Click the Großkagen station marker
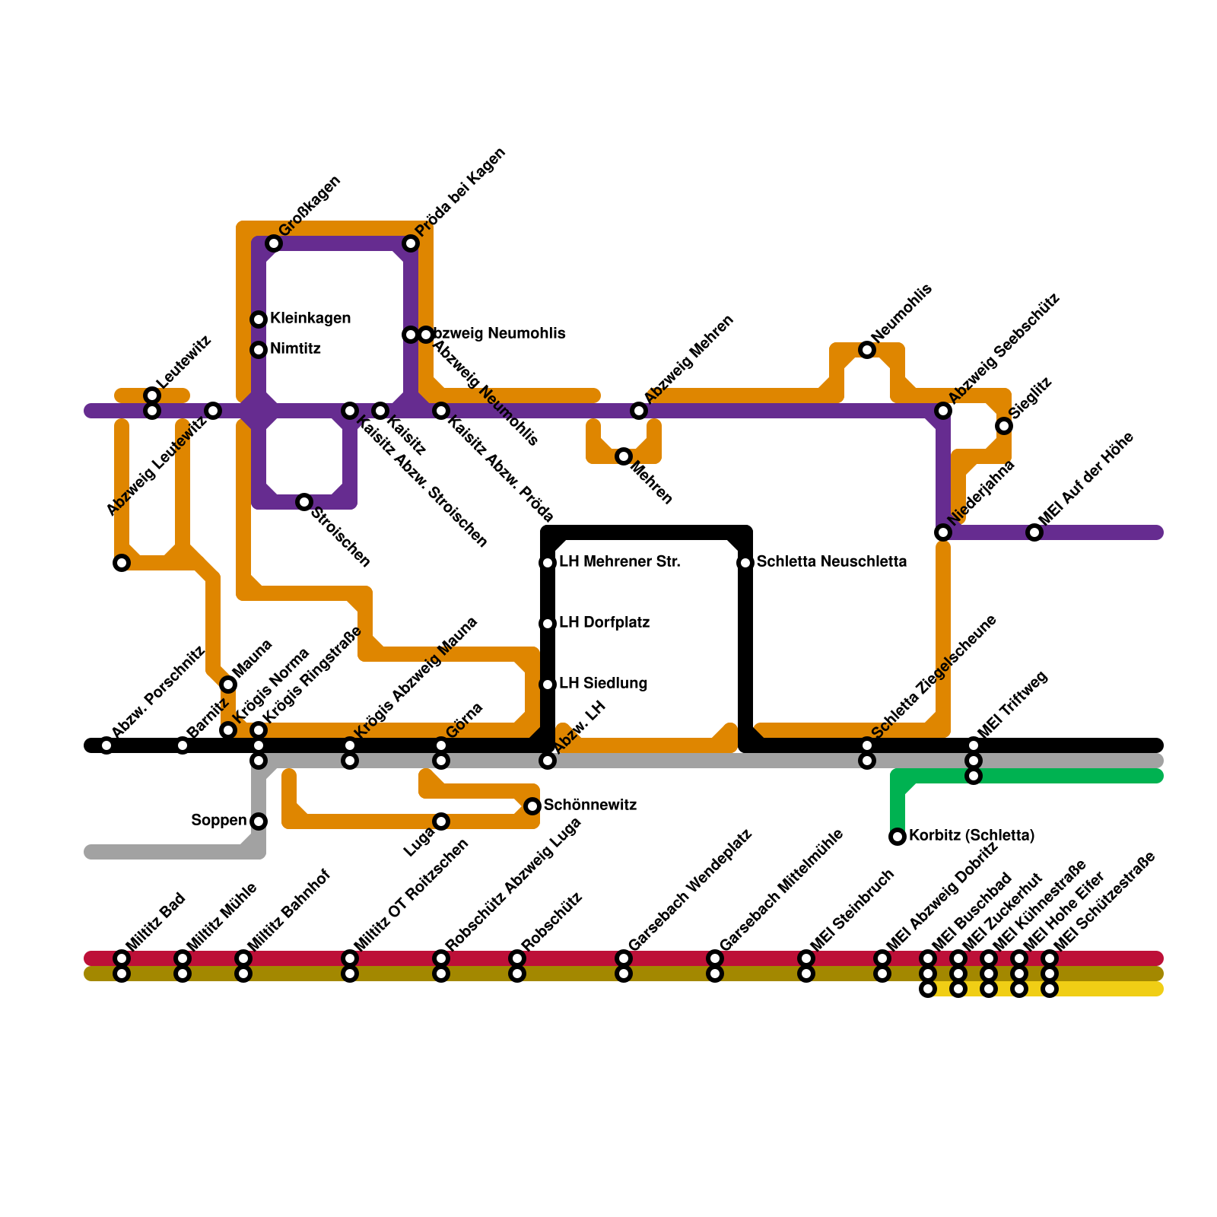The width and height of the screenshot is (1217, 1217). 274,243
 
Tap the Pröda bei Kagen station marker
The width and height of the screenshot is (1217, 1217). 411,243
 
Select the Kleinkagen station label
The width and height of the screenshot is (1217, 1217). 310,318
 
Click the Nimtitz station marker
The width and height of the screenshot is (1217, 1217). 259,350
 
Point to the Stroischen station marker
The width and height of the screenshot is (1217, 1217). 304,502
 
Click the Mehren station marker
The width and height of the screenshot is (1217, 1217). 624,456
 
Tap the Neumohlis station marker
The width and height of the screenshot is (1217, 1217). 867,350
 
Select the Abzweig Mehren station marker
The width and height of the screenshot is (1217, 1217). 639,411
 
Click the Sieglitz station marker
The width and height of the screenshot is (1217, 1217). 1004,426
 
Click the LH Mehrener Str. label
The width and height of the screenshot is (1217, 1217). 619,562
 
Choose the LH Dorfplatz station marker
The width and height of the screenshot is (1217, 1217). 548,624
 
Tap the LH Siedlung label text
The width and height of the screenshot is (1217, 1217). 603,684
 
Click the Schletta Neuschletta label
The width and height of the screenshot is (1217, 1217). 831,562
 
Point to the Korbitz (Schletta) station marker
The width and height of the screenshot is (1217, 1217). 898,837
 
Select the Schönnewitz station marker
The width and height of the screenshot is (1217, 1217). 532,806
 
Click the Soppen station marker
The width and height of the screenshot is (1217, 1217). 259,821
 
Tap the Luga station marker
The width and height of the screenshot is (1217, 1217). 441,821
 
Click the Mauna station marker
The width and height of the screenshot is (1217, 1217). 228,685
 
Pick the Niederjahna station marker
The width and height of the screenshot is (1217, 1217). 943,532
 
